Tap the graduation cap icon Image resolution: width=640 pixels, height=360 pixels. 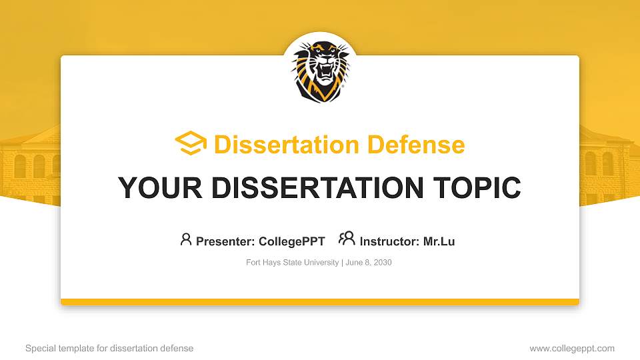coord(191,143)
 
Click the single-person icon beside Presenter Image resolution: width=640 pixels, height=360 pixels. coord(186,239)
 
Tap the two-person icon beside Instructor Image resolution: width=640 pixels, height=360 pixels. coord(347,239)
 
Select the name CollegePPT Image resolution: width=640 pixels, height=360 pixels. coord(291,241)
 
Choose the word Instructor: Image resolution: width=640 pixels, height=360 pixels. coord(389,241)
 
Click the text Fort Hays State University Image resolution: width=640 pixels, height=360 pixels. coord(293,263)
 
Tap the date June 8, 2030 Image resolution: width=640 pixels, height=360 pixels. coord(369,263)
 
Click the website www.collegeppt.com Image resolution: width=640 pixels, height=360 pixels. coord(572,348)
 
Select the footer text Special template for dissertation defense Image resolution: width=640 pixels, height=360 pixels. coord(109,348)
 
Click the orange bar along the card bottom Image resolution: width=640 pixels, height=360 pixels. coord(320,302)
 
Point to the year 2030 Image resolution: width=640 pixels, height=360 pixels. coord(383,263)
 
